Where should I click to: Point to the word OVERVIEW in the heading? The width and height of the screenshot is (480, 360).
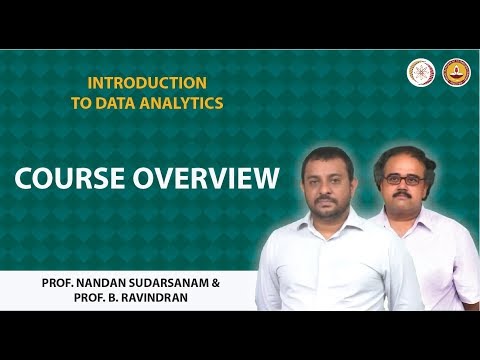207,180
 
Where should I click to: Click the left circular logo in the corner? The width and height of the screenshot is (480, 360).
420,72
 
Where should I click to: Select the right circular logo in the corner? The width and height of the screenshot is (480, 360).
456,72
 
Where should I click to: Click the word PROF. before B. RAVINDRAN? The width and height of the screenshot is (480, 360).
61,298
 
